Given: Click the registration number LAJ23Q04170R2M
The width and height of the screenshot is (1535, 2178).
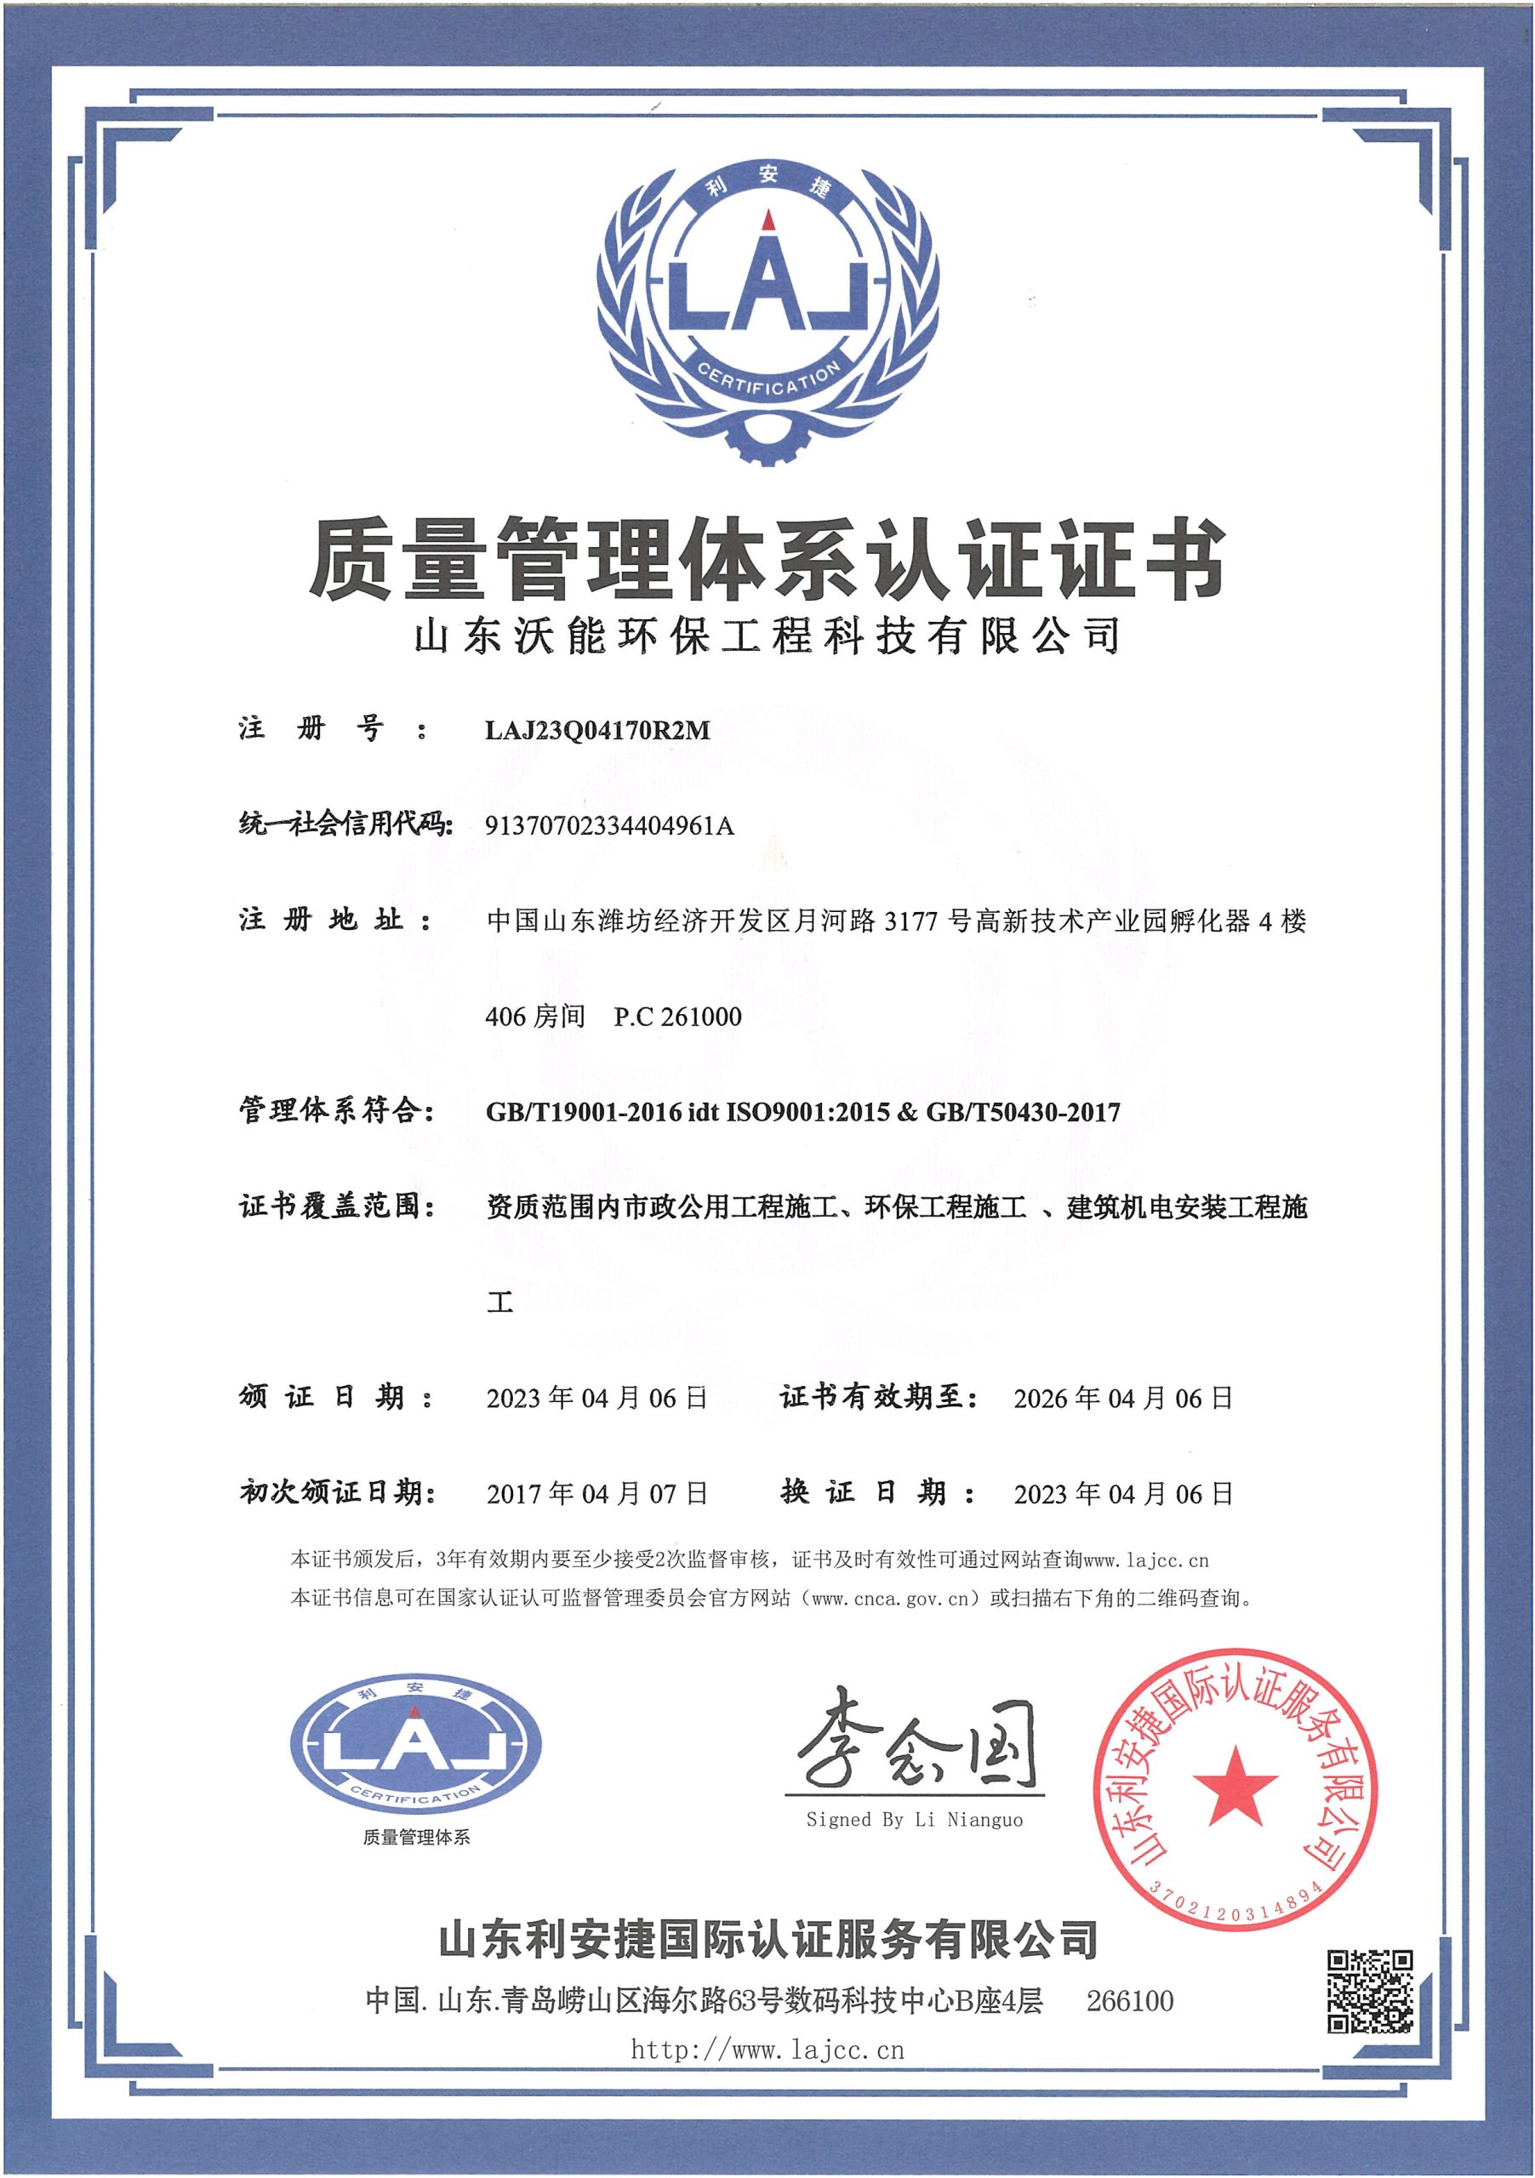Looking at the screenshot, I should click(x=596, y=731).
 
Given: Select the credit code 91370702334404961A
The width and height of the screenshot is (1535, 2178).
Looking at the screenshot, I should click(x=609, y=826).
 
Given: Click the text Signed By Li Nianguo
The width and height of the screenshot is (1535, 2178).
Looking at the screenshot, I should click(x=915, y=1820).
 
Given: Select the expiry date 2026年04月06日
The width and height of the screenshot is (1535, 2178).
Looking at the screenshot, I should click(x=1122, y=1398).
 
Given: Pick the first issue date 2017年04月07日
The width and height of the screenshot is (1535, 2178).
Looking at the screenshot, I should click(x=596, y=1494).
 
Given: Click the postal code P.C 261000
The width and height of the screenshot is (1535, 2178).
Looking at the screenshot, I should click(x=677, y=1017).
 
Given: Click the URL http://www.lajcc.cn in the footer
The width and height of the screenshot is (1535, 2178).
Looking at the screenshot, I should click(x=767, y=2050).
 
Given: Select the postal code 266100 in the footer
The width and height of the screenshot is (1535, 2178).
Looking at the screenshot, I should click(x=1130, y=2002).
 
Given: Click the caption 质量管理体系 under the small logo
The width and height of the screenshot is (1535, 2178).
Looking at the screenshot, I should click(x=415, y=1839).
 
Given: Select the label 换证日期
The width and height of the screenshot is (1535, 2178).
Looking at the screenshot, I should click(x=876, y=1493).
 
